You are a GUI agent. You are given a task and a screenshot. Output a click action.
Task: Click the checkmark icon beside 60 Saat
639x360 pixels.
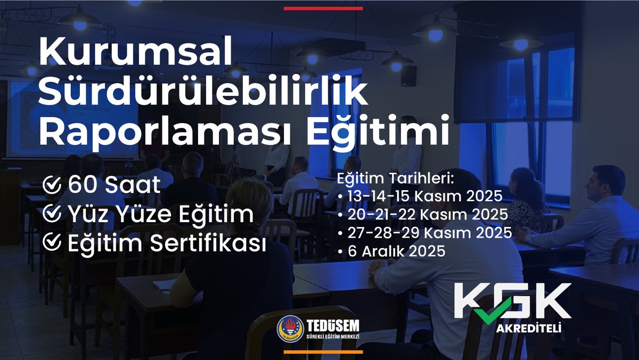click(51, 185)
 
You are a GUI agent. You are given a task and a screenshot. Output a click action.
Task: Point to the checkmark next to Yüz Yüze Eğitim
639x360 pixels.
click(51, 214)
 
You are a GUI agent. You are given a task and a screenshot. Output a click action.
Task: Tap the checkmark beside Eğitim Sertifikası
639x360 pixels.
click(51, 243)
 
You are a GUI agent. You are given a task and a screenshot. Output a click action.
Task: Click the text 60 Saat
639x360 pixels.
click(114, 185)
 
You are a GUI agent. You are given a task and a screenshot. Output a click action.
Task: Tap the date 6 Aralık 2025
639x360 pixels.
click(394, 251)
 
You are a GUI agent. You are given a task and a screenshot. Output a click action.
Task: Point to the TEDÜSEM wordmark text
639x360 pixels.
click(333, 324)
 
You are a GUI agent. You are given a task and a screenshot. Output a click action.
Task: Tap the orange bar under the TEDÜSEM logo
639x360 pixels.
click(323, 352)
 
